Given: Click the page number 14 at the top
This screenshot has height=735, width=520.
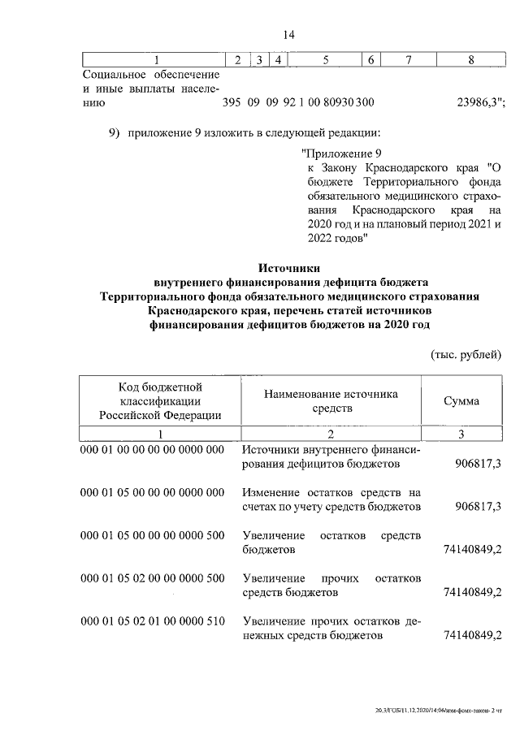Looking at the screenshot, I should pyautogui.click(x=288, y=35).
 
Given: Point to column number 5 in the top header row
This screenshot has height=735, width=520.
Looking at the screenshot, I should pyautogui.click(x=325, y=59).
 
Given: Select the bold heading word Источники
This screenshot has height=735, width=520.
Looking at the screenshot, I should pyautogui.click(x=289, y=267).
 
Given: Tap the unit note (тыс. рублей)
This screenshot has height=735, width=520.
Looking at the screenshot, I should pyautogui.click(x=466, y=354).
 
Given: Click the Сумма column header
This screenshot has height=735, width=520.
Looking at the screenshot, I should pyautogui.click(x=461, y=401).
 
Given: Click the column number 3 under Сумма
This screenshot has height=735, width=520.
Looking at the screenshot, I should pyautogui.click(x=461, y=435).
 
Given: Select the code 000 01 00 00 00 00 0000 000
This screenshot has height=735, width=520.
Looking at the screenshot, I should pyautogui.click(x=152, y=450).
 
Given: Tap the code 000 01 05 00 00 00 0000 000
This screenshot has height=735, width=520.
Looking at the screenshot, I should pyautogui.click(x=152, y=493).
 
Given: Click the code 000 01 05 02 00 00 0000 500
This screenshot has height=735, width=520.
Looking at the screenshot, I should pyautogui.click(x=152, y=578).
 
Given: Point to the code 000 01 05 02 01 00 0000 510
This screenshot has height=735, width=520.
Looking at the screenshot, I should pyautogui.click(x=152, y=621).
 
